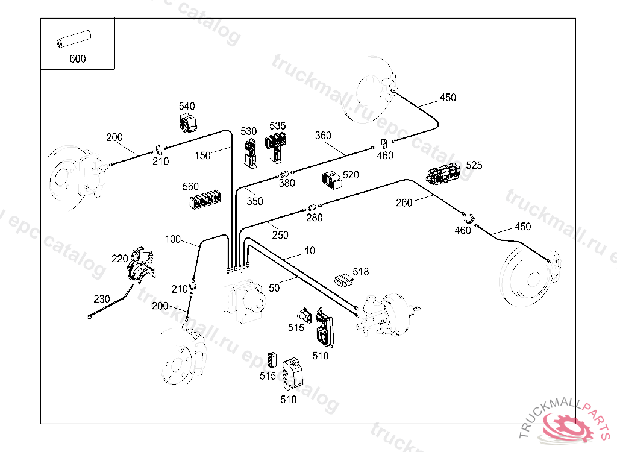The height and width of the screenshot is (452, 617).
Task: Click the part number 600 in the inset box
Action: pos(78,59)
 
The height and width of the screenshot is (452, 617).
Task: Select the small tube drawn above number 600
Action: pos(72,43)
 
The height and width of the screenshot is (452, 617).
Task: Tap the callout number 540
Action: pos(186,106)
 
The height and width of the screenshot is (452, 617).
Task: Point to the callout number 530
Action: pos(249,131)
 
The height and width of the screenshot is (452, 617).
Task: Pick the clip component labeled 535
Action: pos(277,147)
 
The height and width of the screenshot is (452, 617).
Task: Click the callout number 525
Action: pos(474,165)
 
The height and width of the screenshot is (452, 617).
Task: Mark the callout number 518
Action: pos(361,272)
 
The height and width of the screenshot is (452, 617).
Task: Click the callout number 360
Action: pos(323,136)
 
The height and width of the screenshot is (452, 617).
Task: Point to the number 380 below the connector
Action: pos(287,183)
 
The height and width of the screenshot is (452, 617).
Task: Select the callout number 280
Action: pos(315,218)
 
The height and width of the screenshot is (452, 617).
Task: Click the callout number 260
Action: pos(404,202)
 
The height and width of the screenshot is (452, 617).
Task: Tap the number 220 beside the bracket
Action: pos(120,259)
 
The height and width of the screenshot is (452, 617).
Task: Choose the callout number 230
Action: pos(102,298)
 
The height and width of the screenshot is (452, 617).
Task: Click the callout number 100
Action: pos(173,239)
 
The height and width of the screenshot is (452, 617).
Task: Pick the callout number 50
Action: pos(274,289)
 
